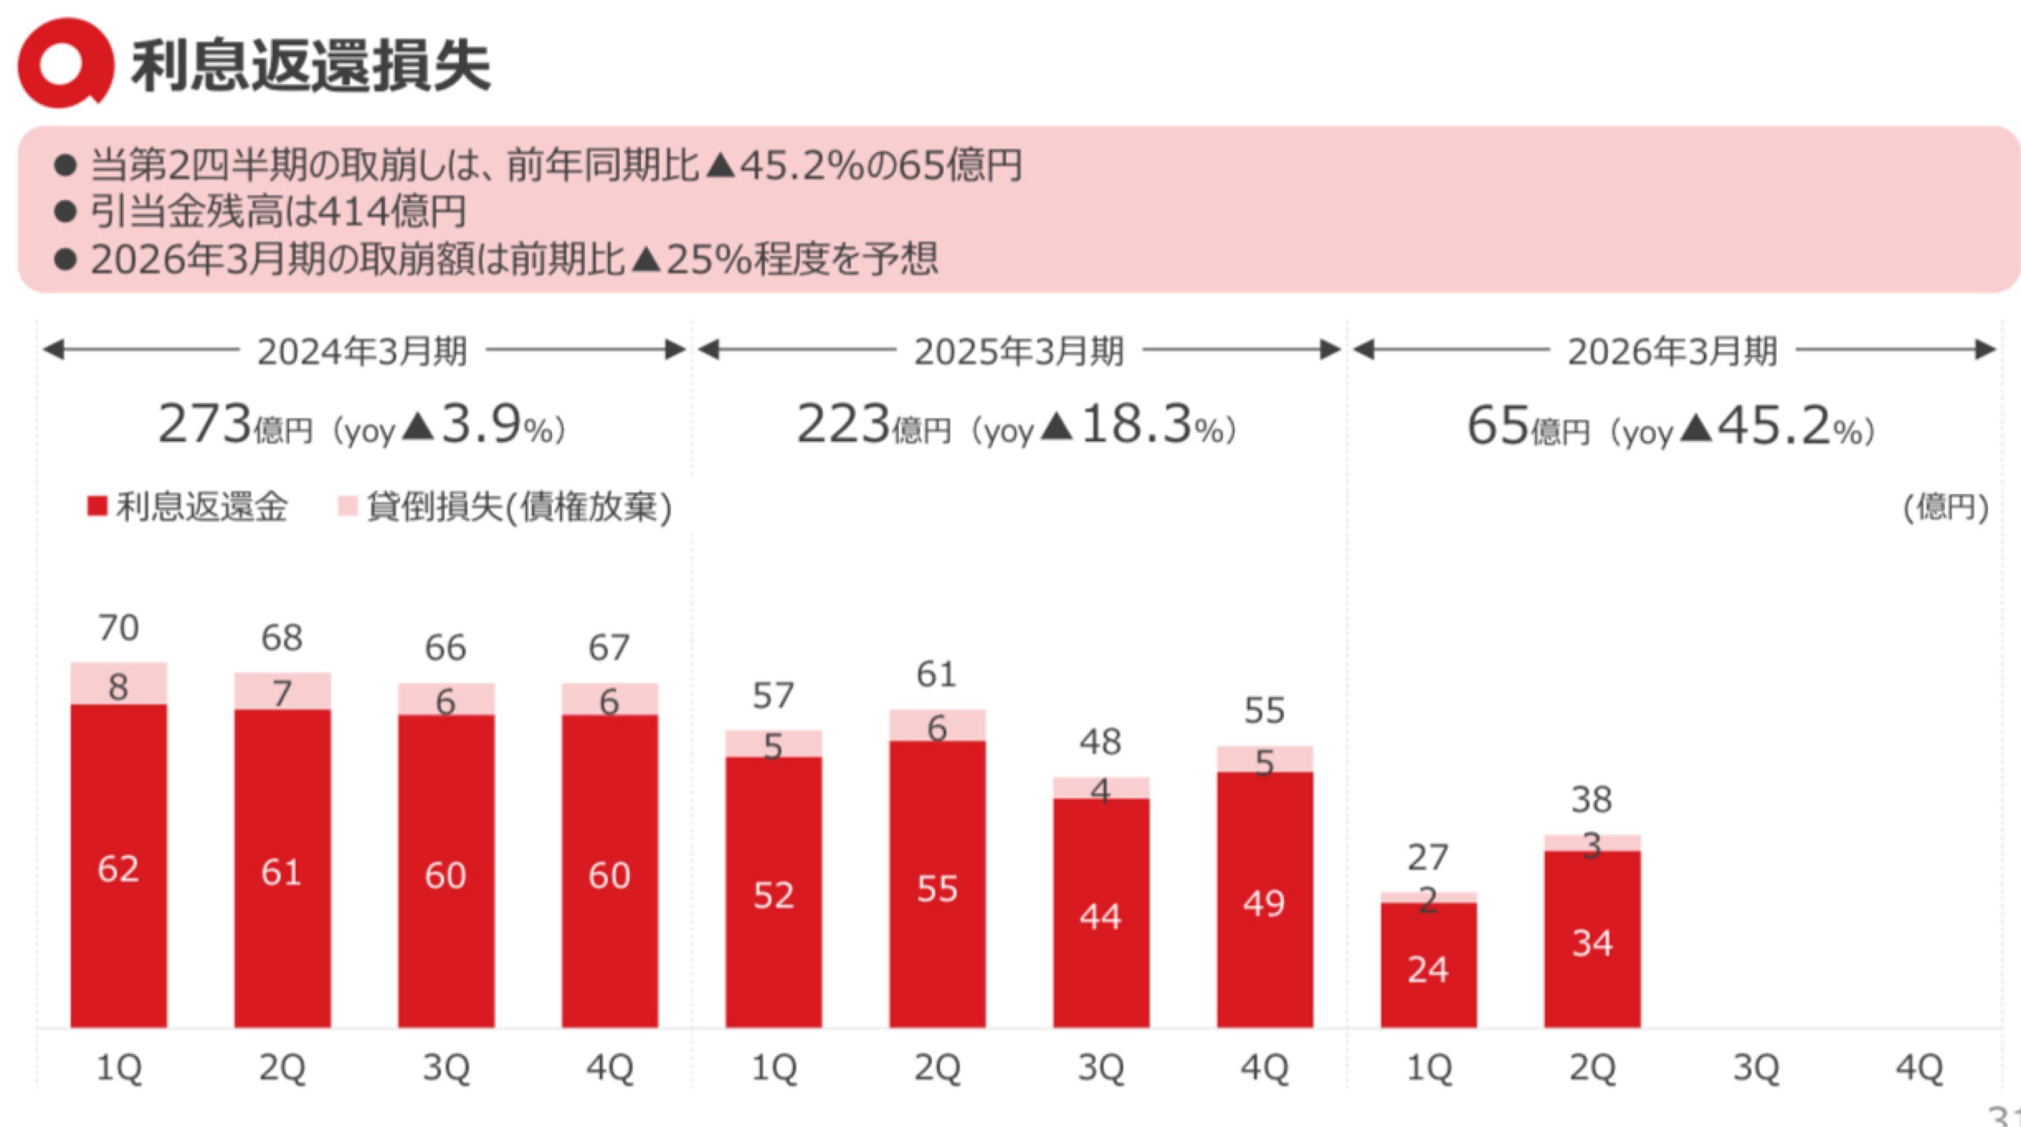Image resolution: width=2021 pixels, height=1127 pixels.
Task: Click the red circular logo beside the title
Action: (65, 63)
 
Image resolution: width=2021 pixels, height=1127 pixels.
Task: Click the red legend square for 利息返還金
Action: (97, 507)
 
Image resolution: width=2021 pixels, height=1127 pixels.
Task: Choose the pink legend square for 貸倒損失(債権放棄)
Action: (347, 507)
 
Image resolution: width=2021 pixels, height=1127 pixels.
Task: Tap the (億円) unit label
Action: (1946, 508)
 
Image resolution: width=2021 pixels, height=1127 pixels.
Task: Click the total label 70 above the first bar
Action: (118, 628)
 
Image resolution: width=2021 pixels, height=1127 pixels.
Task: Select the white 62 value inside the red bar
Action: (118, 869)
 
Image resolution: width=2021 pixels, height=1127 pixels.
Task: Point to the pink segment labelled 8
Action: (118, 685)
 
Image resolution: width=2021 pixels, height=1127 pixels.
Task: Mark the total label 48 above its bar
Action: (1101, 742)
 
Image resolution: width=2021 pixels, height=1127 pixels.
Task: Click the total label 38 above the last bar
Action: (1592, 800)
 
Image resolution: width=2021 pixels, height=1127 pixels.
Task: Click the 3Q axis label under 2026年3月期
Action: (1756, 1068)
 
